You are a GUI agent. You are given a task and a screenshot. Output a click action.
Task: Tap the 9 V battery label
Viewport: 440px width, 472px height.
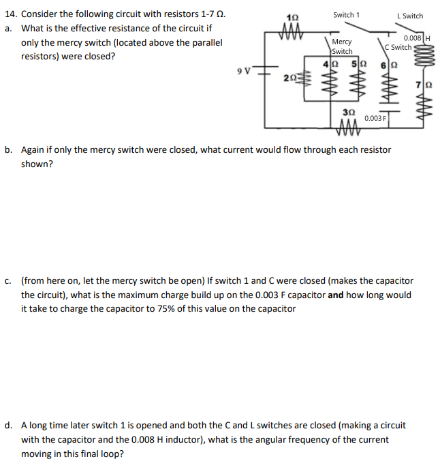point(244,70)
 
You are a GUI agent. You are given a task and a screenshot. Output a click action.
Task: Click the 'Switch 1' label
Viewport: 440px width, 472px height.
point(347,15)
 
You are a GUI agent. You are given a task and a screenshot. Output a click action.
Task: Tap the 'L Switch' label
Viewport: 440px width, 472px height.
point(409,16)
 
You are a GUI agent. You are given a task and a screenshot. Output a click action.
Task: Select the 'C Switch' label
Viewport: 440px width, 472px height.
point(398,48)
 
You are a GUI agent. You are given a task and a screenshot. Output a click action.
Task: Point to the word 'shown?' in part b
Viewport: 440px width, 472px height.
point(37,164)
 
